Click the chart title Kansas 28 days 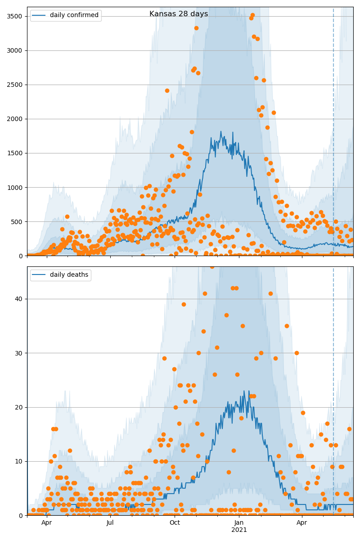[179, 14]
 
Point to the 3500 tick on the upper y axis [15, 16]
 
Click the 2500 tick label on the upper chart [15, 85]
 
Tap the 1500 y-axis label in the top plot [15, 153]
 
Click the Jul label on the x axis [110, 523]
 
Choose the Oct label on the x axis [175, 523]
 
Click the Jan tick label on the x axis [239, 523]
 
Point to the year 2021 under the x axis [239, 530]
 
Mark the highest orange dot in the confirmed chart [252, 15]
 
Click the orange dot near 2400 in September [167, 90]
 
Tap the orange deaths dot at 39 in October [184, 304]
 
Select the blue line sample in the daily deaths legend [39, 275]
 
